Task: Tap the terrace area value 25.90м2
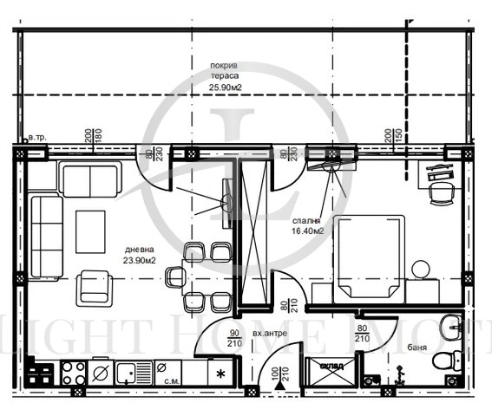226,87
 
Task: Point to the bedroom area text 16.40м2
307,231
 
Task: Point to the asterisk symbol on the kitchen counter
220,374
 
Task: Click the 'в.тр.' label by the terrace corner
37,138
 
